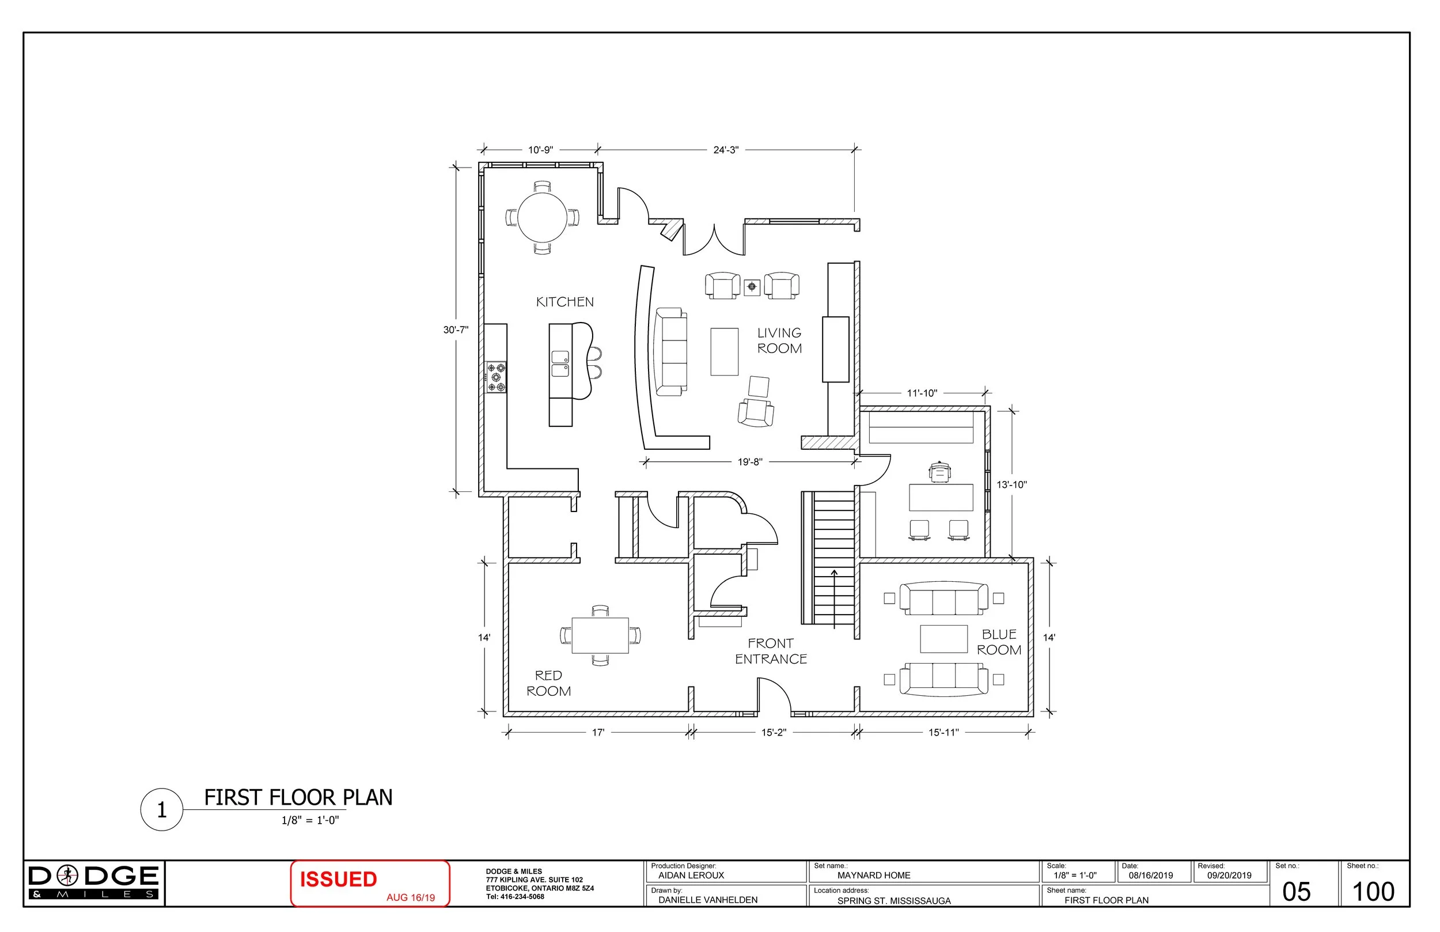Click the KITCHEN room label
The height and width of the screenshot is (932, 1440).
click(x=564, y=302)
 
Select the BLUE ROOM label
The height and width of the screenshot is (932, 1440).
click(x=999, y=642)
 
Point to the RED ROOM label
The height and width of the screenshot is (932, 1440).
click(x=548, y=683)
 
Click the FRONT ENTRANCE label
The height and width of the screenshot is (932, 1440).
click(x=771, y=651)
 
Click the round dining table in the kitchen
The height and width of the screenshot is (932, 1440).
click(x=542, y=217)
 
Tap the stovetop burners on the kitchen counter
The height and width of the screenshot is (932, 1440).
click(x=496, y=377)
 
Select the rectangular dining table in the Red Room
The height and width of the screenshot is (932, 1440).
click(x=600, y=635)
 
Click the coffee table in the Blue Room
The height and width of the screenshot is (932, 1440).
click(x=943, y=639)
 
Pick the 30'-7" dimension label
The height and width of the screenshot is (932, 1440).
click(x=456, y=330)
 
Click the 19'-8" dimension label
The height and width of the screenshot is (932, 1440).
click(x=749, y=463)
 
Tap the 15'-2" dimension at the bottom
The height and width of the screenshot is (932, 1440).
click(x=773, y=733)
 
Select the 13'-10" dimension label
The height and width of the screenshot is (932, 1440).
click(x=1011, y=485)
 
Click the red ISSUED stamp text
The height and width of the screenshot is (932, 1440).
click(x=338, y=880)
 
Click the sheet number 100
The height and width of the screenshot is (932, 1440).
click(x=1373, y=892)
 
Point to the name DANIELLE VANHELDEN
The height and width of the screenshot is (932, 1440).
click(x=708, y=900)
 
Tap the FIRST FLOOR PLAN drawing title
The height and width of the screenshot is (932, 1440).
click(x=298, y=798)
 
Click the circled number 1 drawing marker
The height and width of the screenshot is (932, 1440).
click(x=161, y=810)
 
